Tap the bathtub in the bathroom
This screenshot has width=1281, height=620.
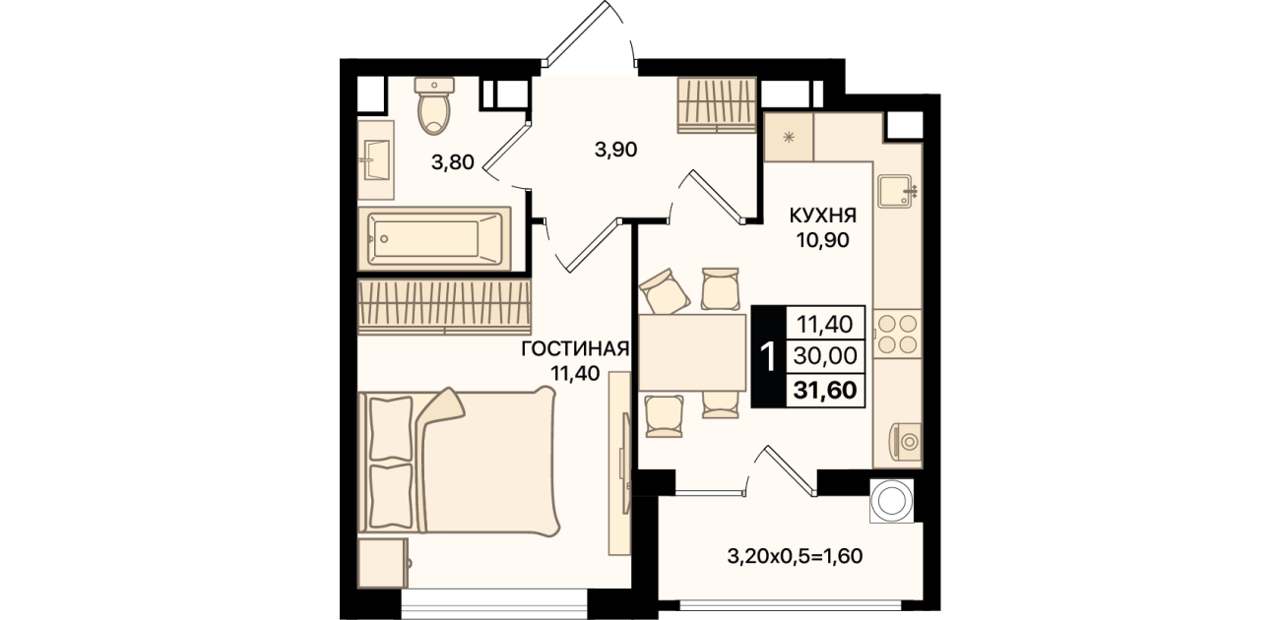point(434,238)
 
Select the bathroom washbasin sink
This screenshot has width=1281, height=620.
point(376,160)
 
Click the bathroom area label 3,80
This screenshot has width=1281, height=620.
point(453,162)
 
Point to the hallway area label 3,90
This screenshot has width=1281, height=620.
point(616,150)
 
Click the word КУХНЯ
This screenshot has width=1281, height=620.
point(823,216)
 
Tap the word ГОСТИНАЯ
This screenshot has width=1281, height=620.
point(575,348)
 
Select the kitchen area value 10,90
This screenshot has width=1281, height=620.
point(823,240)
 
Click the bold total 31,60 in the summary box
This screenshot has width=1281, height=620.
point(825,391)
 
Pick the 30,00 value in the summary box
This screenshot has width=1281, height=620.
point(825,356)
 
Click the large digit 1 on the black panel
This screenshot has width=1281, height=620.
point(769,356)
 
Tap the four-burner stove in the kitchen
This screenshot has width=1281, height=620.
point(897,335)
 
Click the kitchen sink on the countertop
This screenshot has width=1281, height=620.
point(897,190)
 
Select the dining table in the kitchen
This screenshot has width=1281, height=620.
point(692,352)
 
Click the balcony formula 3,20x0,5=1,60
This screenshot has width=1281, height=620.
point(795,556)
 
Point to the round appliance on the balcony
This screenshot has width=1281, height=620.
point(891,501)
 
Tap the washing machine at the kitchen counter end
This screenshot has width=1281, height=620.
point(905,441)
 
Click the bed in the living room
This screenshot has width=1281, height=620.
point(458,463)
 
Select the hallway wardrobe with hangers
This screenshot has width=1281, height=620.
point(717,105)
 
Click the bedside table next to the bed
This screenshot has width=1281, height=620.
point(383,563)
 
